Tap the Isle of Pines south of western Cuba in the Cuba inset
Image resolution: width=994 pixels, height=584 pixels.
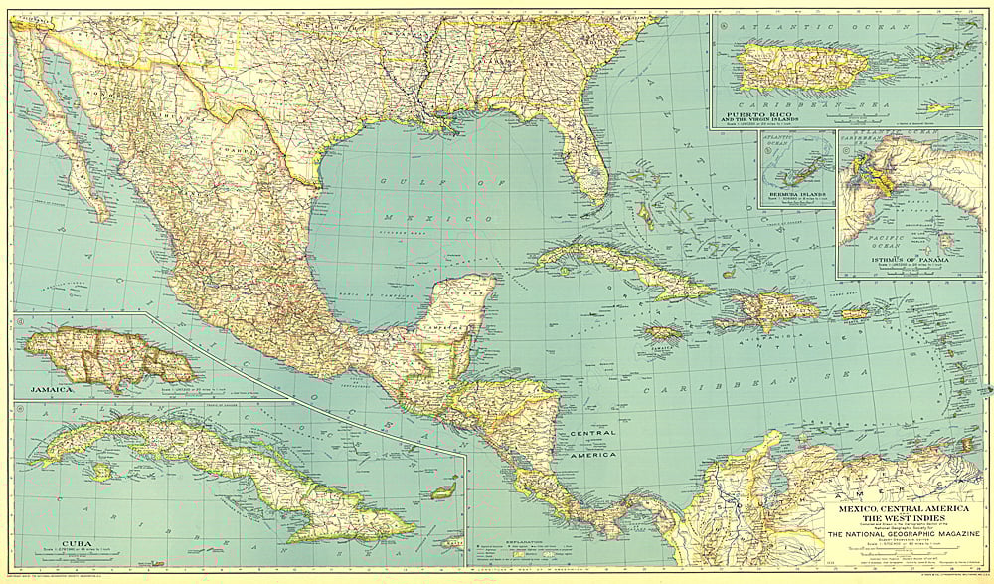point(100,472)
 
